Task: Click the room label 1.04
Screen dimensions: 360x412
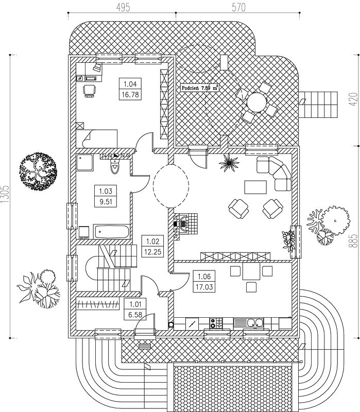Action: coord(130,84)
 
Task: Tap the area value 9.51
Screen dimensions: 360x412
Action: coord(106,201)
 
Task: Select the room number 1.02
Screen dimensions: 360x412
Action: coord(152,241)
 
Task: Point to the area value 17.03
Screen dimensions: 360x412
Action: coord(204,287)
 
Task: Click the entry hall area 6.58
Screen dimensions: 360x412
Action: coord(135,314)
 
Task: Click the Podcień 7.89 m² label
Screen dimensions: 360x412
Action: coord(200,88)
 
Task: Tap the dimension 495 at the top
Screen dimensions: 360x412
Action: coord(123,7)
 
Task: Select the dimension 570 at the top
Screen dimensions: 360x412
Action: coord(238,7)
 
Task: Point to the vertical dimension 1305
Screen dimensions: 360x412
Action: coord(5,195)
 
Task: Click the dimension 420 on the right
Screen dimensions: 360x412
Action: coord(353,99)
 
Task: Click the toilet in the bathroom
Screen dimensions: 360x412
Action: coord(115,166)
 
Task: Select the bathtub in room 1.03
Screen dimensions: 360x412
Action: coord(111,231)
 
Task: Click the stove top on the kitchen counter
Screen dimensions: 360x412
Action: coord(216,323)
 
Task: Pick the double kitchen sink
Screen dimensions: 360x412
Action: coord(249,323)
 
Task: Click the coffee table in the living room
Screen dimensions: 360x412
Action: coord(255,187)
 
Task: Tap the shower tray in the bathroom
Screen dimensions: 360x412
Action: coord(85,162)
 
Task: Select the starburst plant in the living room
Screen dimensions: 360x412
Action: coord(229,163)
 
